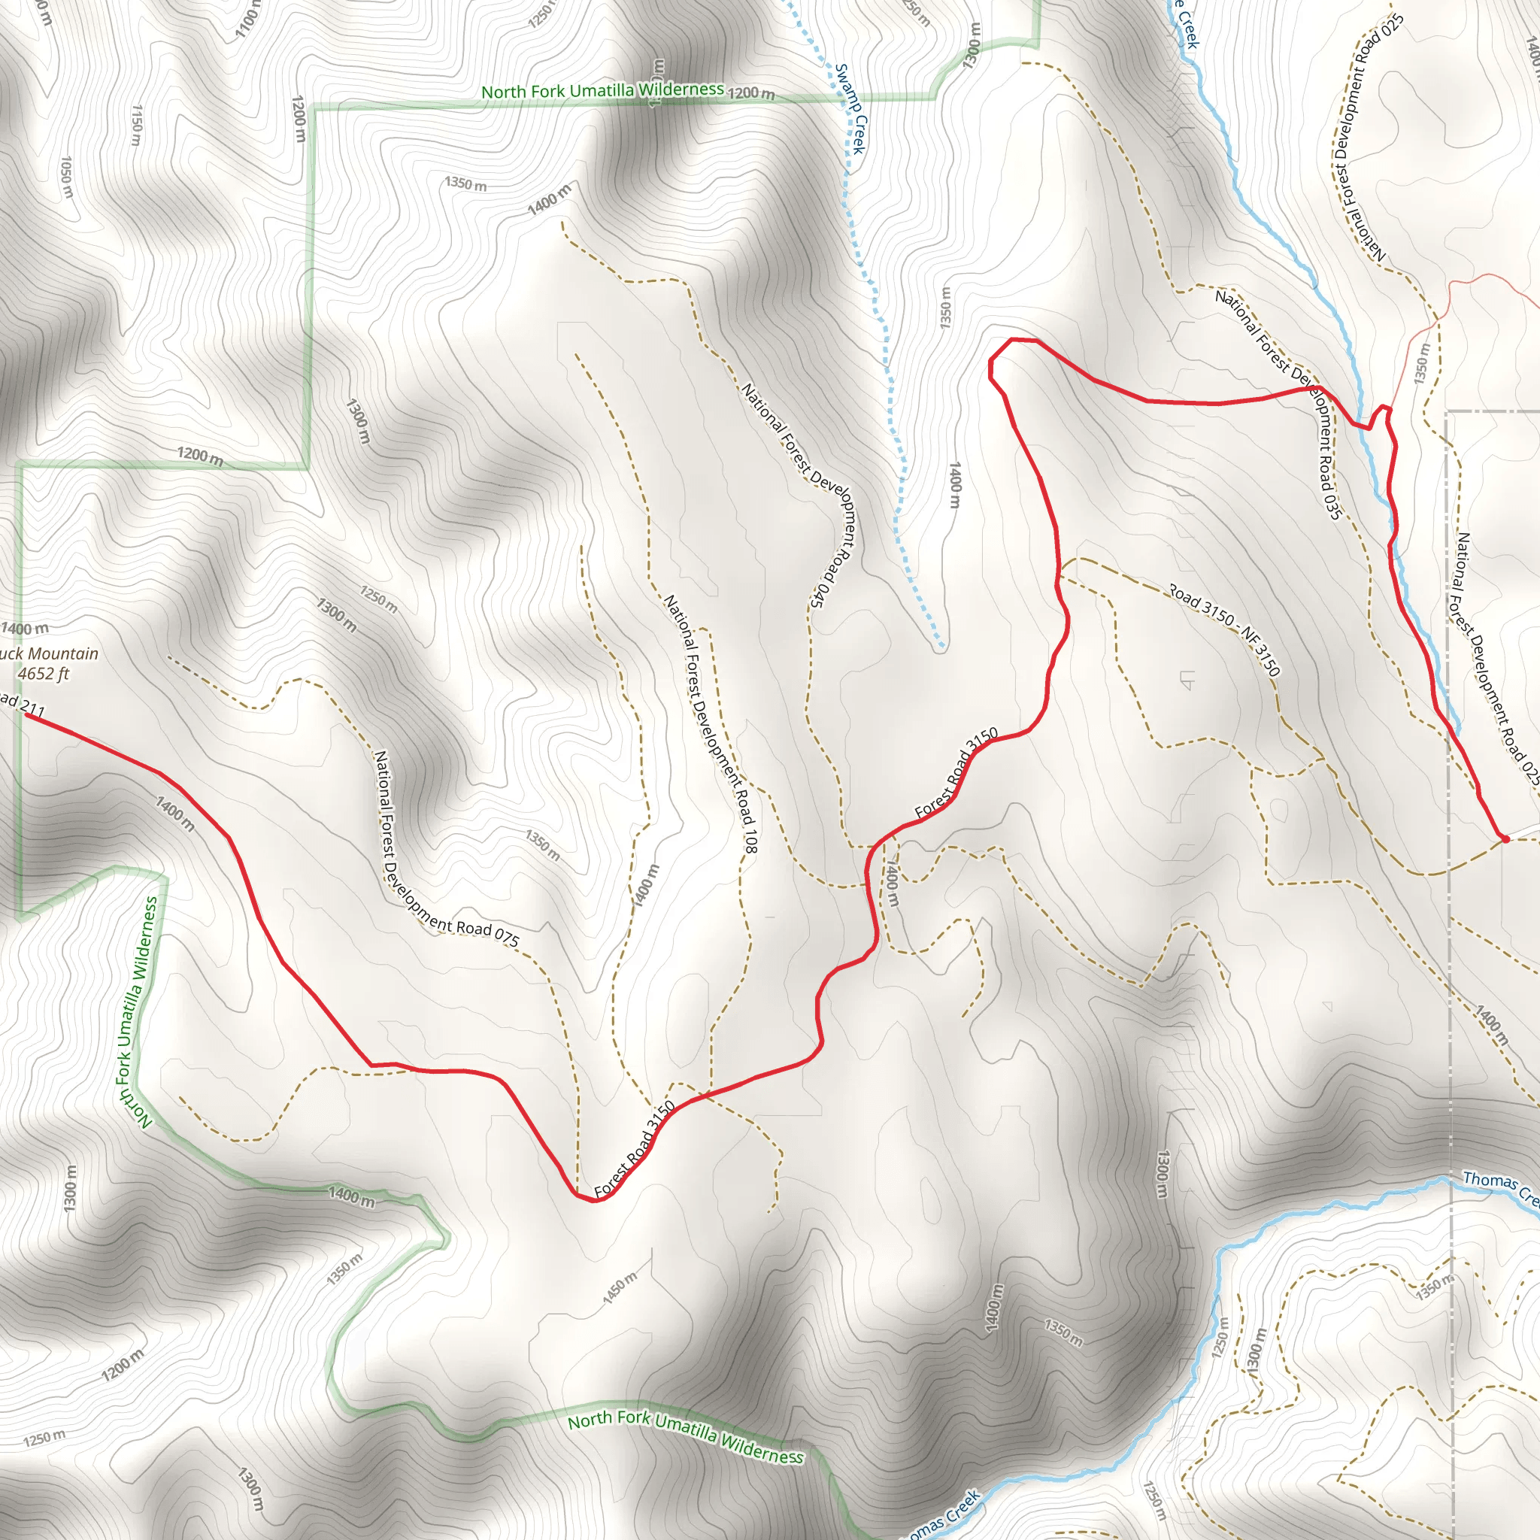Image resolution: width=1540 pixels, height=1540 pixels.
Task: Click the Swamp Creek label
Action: [851, 108]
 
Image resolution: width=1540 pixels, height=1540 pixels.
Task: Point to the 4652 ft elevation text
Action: [44, 674]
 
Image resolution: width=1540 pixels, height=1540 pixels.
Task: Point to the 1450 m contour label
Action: [620, 1288]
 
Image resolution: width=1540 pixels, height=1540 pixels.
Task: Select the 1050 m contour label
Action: [67, 177]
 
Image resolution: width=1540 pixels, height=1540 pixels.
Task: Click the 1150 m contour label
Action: [136, 125]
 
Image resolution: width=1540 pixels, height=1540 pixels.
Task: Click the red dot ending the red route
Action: [1504, 838]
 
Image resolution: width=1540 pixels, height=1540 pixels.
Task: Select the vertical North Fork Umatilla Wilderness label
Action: [137, 1011]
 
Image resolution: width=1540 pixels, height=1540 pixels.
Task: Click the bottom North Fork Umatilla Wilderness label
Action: [686, 1437]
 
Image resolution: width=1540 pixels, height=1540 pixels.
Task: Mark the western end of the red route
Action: [26, 715]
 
